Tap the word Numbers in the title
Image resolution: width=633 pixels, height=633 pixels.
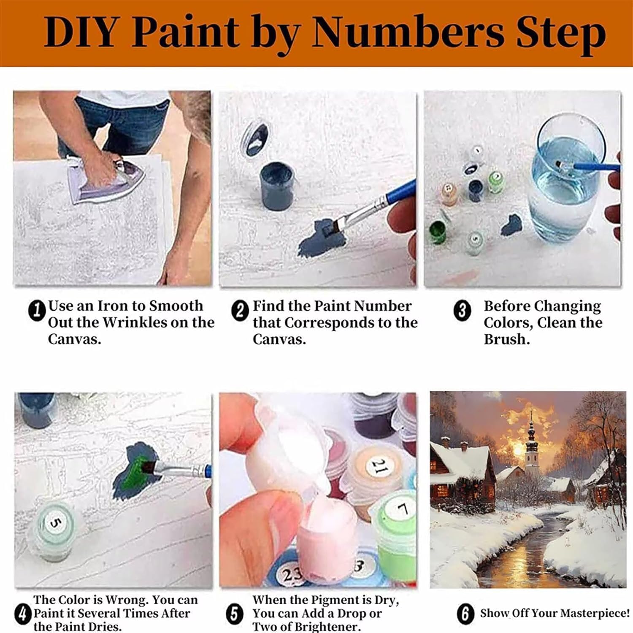[408, 32]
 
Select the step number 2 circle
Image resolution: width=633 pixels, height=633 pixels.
[240, 311]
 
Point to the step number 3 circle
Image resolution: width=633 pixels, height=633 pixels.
[462, 311]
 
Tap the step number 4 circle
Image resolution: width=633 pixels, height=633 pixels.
[22, 614]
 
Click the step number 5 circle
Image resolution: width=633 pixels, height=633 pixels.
[235, 614]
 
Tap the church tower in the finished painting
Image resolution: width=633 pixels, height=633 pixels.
[532, 443]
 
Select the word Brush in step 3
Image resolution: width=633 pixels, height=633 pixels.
[506, 339]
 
